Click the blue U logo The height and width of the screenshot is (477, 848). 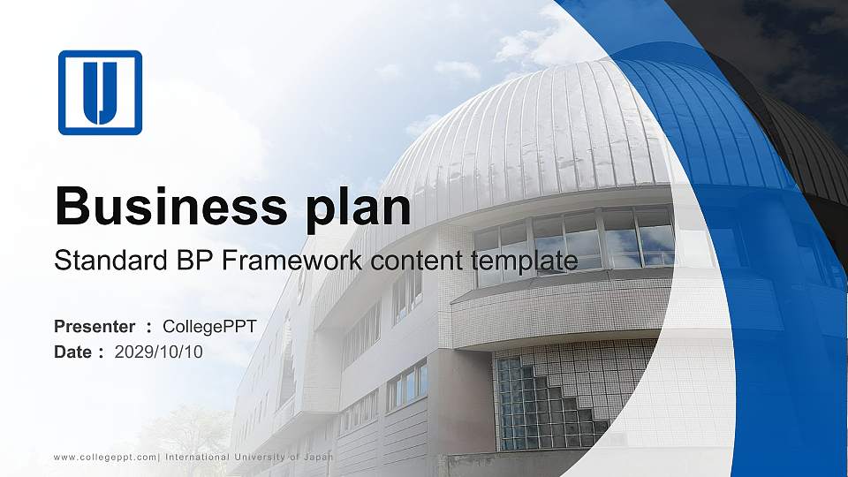point(100,93)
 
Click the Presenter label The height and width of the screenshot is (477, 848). point(95,327)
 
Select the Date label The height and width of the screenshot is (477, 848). point(73,352)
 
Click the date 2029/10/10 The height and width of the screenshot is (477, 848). point(158,352)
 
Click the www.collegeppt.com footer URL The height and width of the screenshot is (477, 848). point(105,457)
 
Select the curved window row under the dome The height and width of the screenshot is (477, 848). point(574,240)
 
